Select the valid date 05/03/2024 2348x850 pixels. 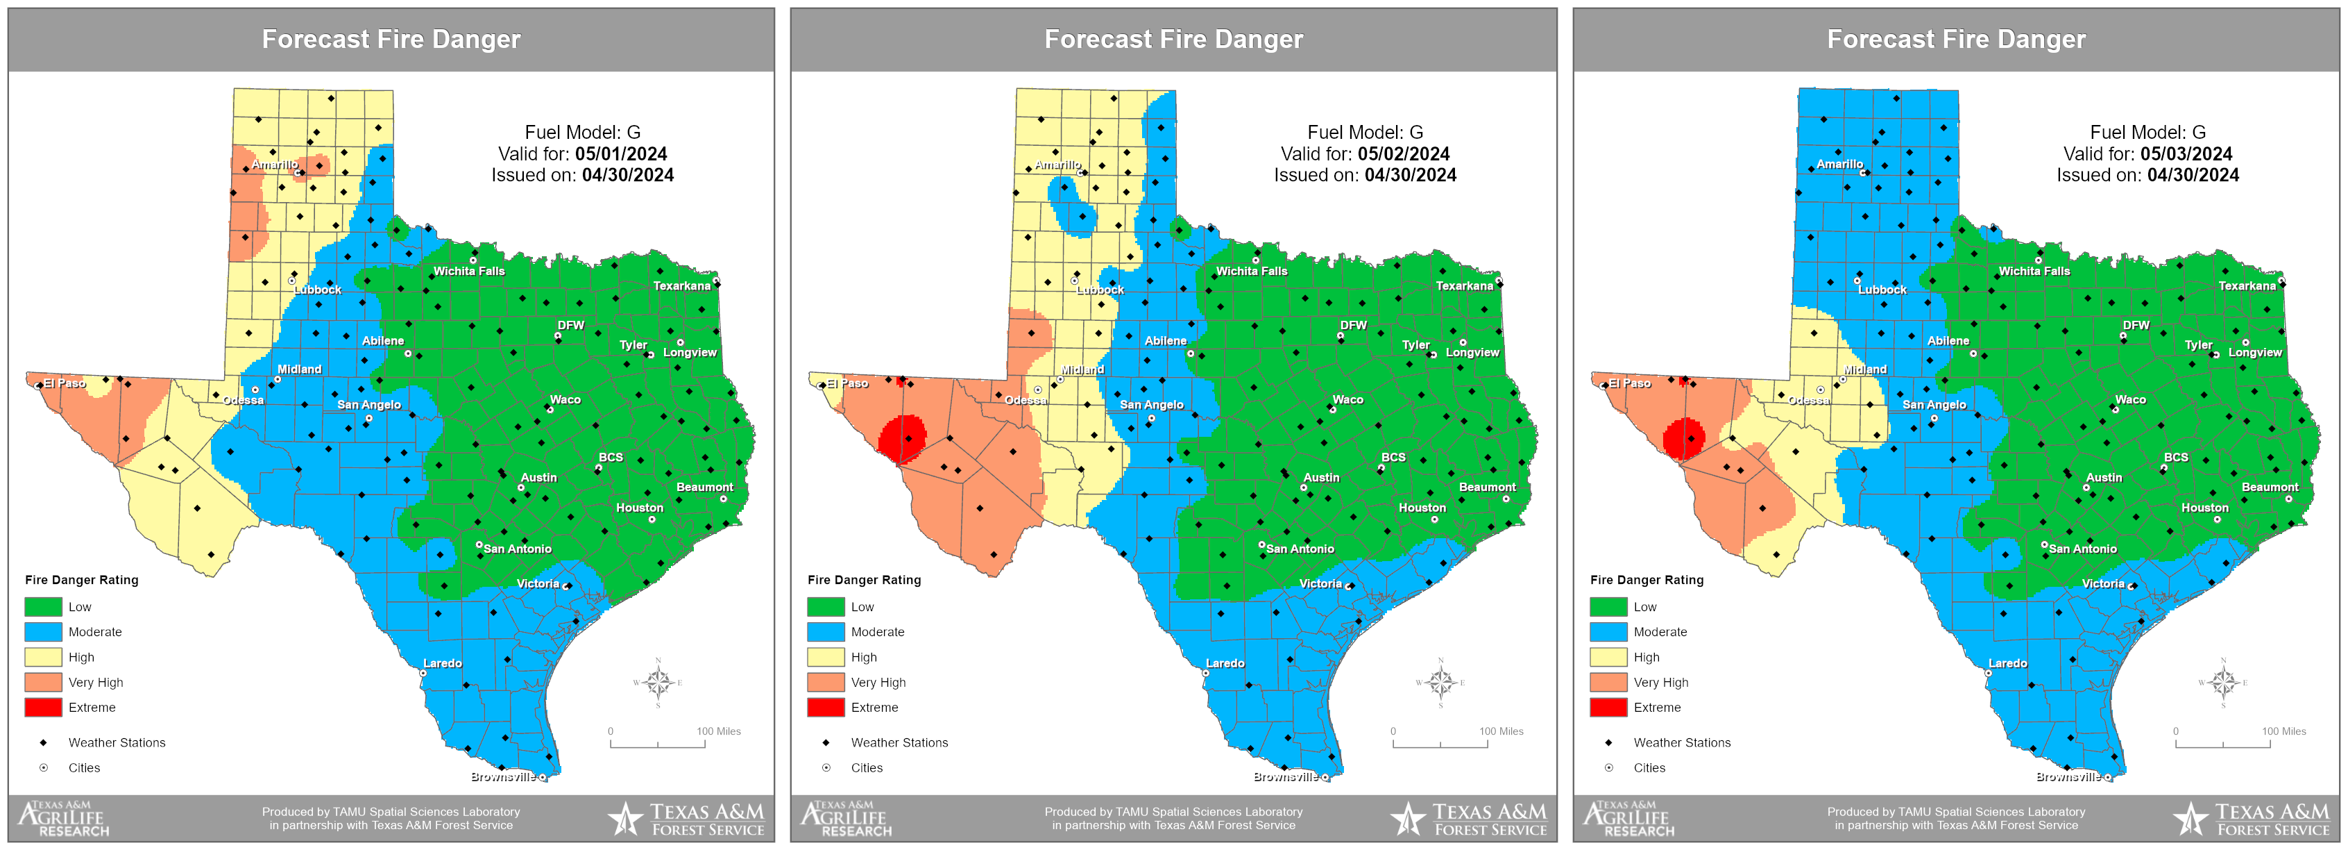[x=2186, y=154]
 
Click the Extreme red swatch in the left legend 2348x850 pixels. [x=43, y=708]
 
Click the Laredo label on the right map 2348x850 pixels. [x=2007, y=664]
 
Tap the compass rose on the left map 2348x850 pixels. [x=657, y=682]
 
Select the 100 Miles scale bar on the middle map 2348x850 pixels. [x=1440, y=742]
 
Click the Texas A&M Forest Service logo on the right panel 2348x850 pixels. [x=2252, y=819]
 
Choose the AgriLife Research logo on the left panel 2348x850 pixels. [x=64, y=819]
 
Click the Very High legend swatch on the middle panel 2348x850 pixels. [x=825, y=682]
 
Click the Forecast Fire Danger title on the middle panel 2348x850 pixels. [x=1173, y=39]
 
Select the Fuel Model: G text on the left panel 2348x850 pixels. [x=581, y=132]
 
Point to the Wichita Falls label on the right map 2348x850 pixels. [x=2034, y=272]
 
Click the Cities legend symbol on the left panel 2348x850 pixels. [x=43, y=768]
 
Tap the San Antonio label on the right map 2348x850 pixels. [x=2083, y=549]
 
